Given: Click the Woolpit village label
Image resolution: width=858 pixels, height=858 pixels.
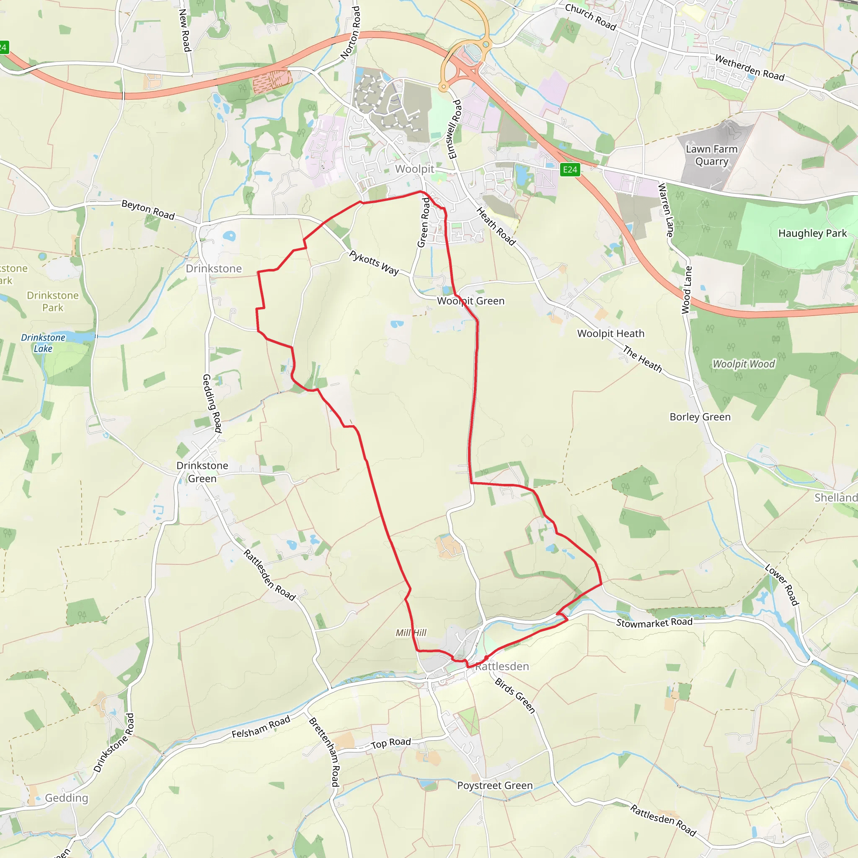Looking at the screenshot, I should point(414,169).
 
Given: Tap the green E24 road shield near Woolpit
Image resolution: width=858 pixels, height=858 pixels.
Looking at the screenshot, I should point(570,169).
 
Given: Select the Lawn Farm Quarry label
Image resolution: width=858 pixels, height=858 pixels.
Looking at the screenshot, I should point(711,155).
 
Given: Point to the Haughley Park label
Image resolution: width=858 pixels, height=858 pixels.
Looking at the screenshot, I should point(812,233).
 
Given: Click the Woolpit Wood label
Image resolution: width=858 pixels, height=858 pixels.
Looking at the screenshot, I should point(744,364).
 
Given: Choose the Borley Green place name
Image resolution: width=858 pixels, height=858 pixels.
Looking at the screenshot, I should point(700,416).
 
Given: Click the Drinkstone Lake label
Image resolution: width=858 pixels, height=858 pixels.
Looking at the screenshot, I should point(43,343).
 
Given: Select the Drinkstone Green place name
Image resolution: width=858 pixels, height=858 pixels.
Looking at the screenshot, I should point(202,472).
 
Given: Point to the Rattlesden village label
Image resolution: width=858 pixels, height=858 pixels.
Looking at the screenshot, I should point(502,666).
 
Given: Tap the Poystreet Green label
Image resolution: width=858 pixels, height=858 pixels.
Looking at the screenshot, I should point(495,785).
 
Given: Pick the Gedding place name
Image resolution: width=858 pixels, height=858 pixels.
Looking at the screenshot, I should point(67,798).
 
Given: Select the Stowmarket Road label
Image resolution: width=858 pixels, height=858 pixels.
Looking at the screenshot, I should point(654,623).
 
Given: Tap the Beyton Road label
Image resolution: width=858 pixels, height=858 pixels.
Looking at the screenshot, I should point(148,209).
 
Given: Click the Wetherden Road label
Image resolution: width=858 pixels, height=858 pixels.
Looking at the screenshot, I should point(749,67).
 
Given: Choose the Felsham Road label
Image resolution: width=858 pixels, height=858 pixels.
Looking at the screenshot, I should point(261,727).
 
